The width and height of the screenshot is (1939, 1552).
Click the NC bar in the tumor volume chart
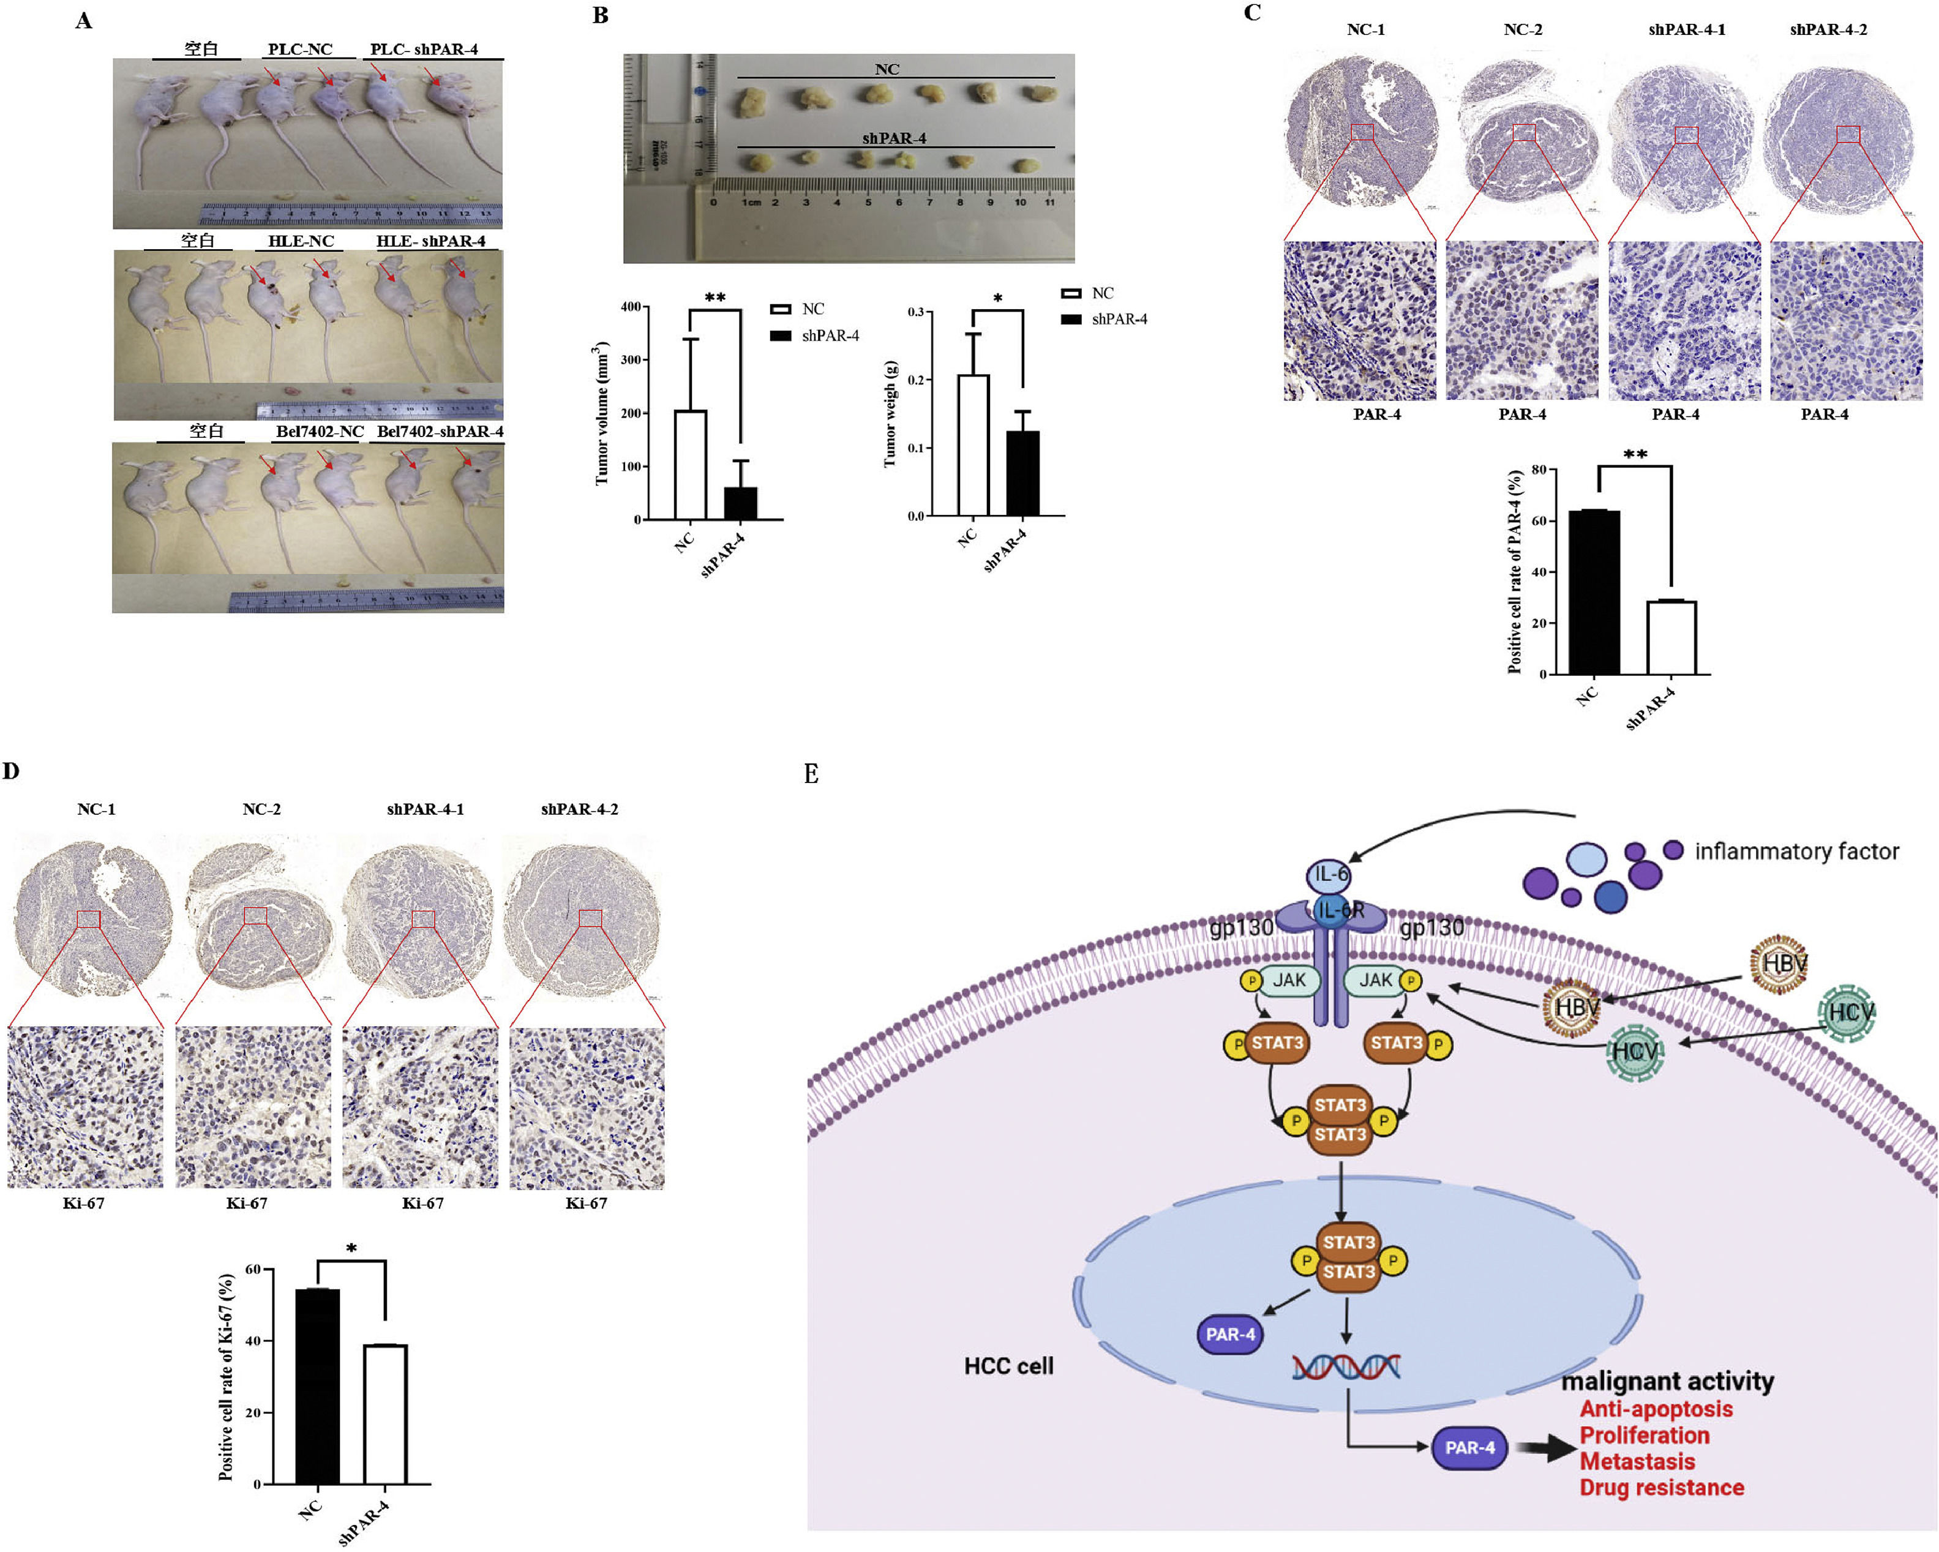690,465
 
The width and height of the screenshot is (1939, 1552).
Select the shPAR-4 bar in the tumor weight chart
1022,473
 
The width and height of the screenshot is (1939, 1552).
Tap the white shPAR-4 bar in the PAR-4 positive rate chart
1671,637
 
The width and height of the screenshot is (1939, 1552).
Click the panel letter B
601,15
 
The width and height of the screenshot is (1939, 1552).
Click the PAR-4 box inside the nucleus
1229,1335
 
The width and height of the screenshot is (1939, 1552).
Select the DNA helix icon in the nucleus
1346,1366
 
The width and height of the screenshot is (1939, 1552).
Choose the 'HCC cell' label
1008,1366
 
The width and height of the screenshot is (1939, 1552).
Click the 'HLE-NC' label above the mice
301,241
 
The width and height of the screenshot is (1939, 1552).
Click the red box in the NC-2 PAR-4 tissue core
1523,133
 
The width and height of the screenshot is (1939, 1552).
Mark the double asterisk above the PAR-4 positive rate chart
1635,454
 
